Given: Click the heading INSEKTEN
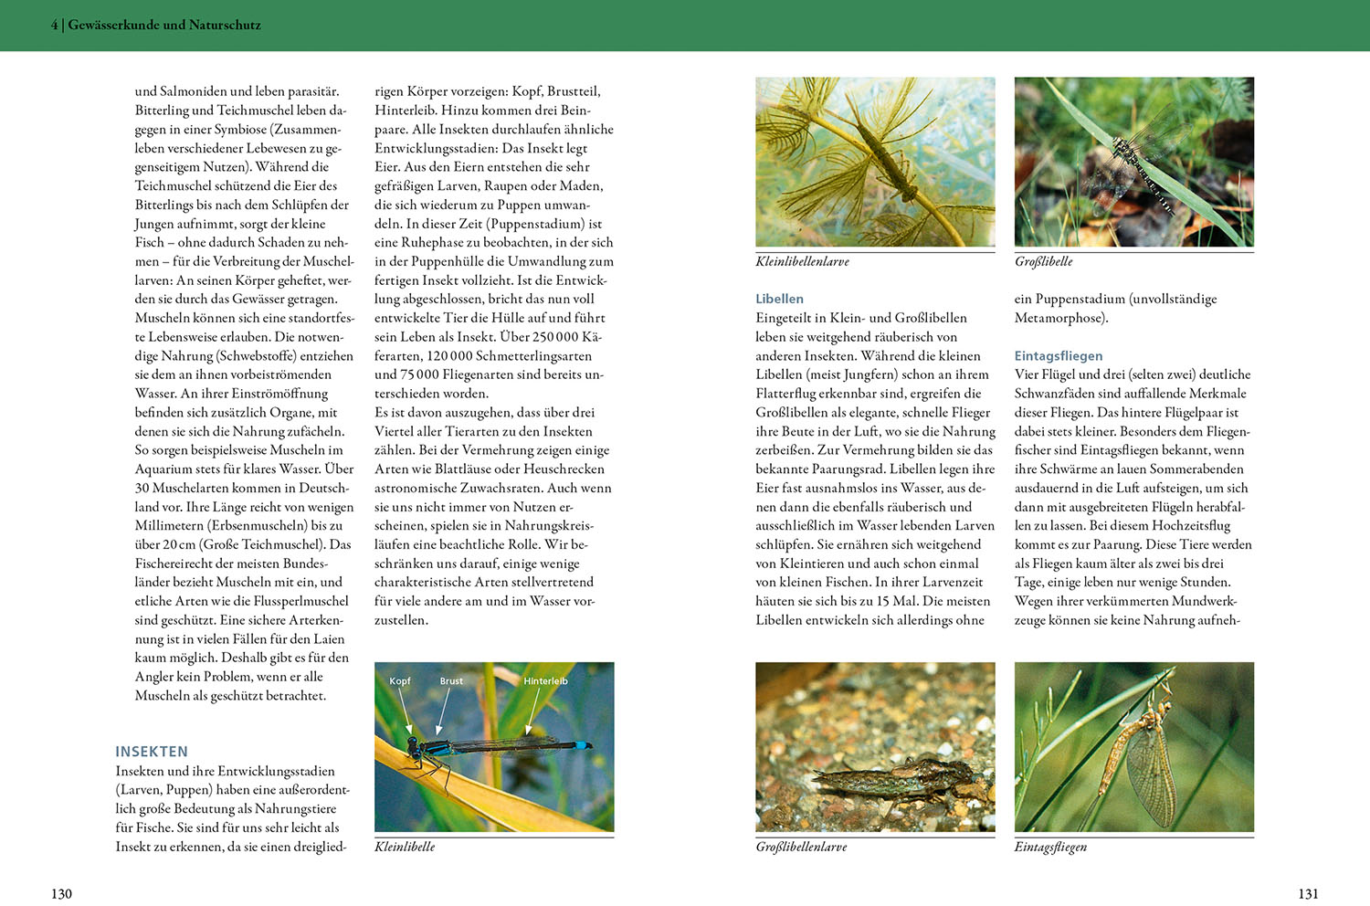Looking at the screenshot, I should (152, 752).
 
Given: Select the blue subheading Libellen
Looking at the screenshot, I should (779, 299).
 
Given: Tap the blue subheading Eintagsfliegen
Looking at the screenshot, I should (1058, 355).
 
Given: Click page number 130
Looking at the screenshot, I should (61, 893).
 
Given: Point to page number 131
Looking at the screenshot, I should (1308, 893).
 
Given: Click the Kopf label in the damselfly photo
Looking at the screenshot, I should (400, 681).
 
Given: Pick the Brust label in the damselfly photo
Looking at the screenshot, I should (451, 681).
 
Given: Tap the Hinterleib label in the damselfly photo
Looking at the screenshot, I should (545, 681).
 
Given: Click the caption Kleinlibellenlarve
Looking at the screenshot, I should (802, 261).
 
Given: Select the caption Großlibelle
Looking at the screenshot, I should (1043, 261).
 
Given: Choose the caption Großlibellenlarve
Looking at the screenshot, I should (801, 847).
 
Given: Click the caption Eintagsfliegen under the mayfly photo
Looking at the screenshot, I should (1050, 847).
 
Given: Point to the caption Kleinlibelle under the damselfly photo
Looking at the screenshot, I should (405, 847).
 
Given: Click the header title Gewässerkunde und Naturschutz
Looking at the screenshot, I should (163, 25).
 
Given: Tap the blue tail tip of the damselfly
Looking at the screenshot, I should (582, 745).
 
